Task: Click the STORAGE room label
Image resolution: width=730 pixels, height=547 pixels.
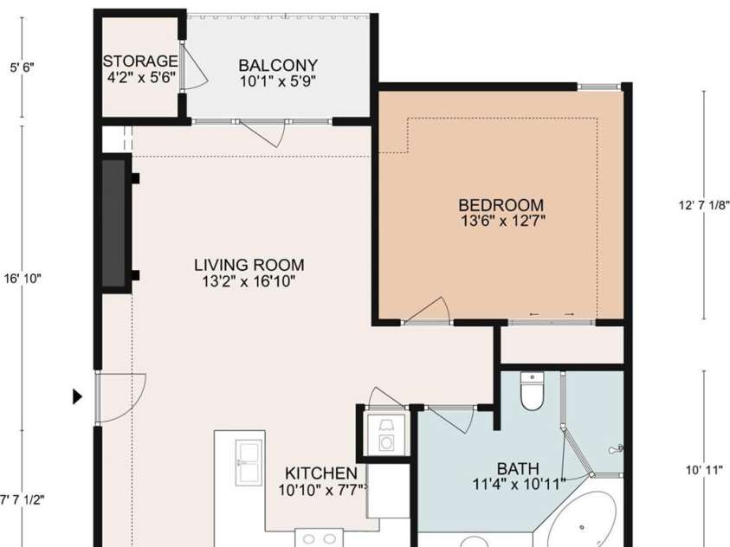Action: pyautogui.click(x=140, y=61)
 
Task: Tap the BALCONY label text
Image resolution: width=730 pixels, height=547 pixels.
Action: pyautogui.click(x=278, y=65)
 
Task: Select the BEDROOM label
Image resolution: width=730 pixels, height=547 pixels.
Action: pyautogui.click(x=501, y=205)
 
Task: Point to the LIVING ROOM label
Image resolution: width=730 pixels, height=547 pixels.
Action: pyautogui.click(x=249, y=265)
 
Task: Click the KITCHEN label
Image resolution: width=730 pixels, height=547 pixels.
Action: pyautogui.click(x=321, y=473)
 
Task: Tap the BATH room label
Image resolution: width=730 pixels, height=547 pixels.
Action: pyautogui.click(x=518, y=468)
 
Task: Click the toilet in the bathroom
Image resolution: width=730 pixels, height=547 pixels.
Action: pyautogui.click(x=532, y=392)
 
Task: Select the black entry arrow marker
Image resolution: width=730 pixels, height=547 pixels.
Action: pyautogui.click(x=77, y=396)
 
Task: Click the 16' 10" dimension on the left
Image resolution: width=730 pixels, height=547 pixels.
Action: pyautogui.click(x=23, y=279)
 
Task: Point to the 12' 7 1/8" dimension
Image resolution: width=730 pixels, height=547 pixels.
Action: pyautogui.click(x=704, y=205)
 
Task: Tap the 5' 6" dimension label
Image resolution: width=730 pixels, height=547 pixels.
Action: pyautogui.click(x=23, y=68)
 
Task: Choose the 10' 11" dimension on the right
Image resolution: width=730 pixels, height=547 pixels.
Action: pyautogui.click(x=704, y=470)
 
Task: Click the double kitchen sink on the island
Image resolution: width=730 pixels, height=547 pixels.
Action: pyautogui.click(x=248, y=463)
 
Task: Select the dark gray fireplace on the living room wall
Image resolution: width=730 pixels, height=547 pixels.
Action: pyautogui.click(x=113, y=223)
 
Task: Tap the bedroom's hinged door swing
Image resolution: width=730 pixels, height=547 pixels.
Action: pyautogui.click(x=426, y=310)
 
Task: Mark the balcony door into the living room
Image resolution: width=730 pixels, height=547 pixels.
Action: pyautogui.click(x=262, y=133)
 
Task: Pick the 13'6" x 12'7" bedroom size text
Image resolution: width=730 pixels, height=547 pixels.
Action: pyautogui.click(x=502, y=221)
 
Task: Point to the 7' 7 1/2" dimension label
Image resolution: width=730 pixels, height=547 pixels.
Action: pyautogui.click(x=23, y=500)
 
